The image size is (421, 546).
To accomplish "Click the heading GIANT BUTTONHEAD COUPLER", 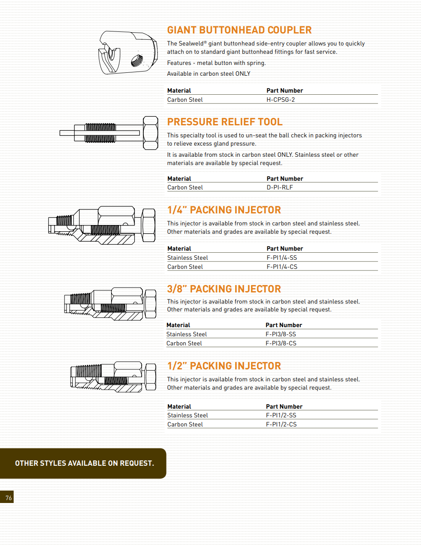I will (239, 30).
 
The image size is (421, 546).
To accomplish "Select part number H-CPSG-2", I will (281, 100).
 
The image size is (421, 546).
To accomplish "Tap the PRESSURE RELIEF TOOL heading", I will (225, 122).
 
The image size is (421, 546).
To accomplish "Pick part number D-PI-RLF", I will (280, 187).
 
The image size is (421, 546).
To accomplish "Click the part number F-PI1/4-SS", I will (282, 258).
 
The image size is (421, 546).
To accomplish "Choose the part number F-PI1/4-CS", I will (282, 267).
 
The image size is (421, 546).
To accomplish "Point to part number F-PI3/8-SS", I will (281, 334).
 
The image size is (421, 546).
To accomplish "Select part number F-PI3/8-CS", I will (281, 343).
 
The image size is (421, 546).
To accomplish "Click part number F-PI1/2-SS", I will (281, 415).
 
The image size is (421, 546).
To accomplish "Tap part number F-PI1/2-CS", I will (281, 424).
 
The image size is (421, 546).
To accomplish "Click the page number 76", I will (9, 498).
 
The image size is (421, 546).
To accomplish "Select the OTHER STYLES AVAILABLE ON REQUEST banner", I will (84, 463).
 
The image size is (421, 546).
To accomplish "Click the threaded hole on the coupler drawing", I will (137, 61).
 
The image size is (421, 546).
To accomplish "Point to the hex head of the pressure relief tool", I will (150, 133).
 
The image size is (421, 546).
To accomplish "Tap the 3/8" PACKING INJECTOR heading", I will (224, 289).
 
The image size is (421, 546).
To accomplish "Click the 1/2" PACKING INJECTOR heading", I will (224, 366).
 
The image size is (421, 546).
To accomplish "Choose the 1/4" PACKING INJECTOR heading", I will (224, 210).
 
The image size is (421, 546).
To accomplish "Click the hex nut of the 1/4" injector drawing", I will (148, 225).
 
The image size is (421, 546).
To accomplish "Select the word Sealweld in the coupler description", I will (191, 43).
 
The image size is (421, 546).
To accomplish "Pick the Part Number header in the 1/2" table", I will (284, 407).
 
